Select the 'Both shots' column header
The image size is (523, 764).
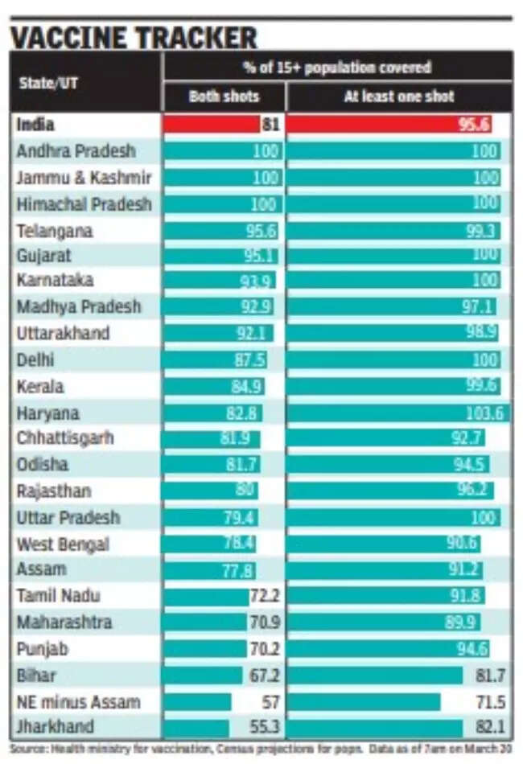[224, 97]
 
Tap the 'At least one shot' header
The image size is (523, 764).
[399, 97]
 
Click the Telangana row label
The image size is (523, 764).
[55, 231]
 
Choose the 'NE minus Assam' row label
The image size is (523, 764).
[78, 702]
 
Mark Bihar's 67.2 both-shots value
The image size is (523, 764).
[264, 676]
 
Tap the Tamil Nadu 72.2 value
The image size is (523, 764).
[264, 596]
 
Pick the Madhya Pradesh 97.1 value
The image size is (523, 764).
[479, 307]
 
